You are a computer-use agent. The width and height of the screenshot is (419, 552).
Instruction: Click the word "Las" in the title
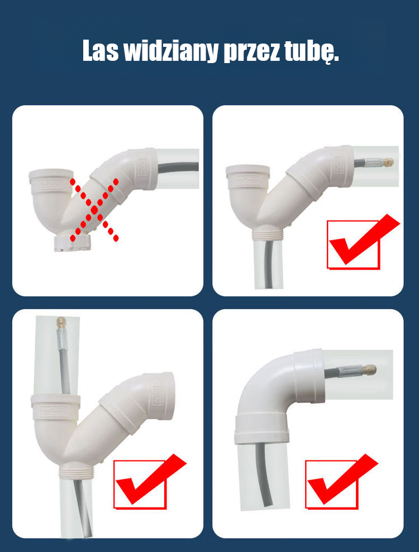tap(101, 51)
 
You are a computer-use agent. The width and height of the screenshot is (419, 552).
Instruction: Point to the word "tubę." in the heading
tap(308, 52)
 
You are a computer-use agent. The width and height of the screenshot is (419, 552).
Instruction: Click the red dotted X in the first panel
tap(94, 210)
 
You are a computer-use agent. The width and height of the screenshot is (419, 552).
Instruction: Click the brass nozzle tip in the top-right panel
tap(388, 162)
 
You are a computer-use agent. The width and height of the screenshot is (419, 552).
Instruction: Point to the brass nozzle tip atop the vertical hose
tap(61, 322)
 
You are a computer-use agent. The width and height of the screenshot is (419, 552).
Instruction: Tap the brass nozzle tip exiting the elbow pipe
tap(371, 369)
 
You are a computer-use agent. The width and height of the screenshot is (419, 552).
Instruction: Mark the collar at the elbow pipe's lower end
tap(261, 429)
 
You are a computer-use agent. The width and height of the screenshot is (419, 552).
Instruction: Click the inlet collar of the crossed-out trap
tap(51, 181)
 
